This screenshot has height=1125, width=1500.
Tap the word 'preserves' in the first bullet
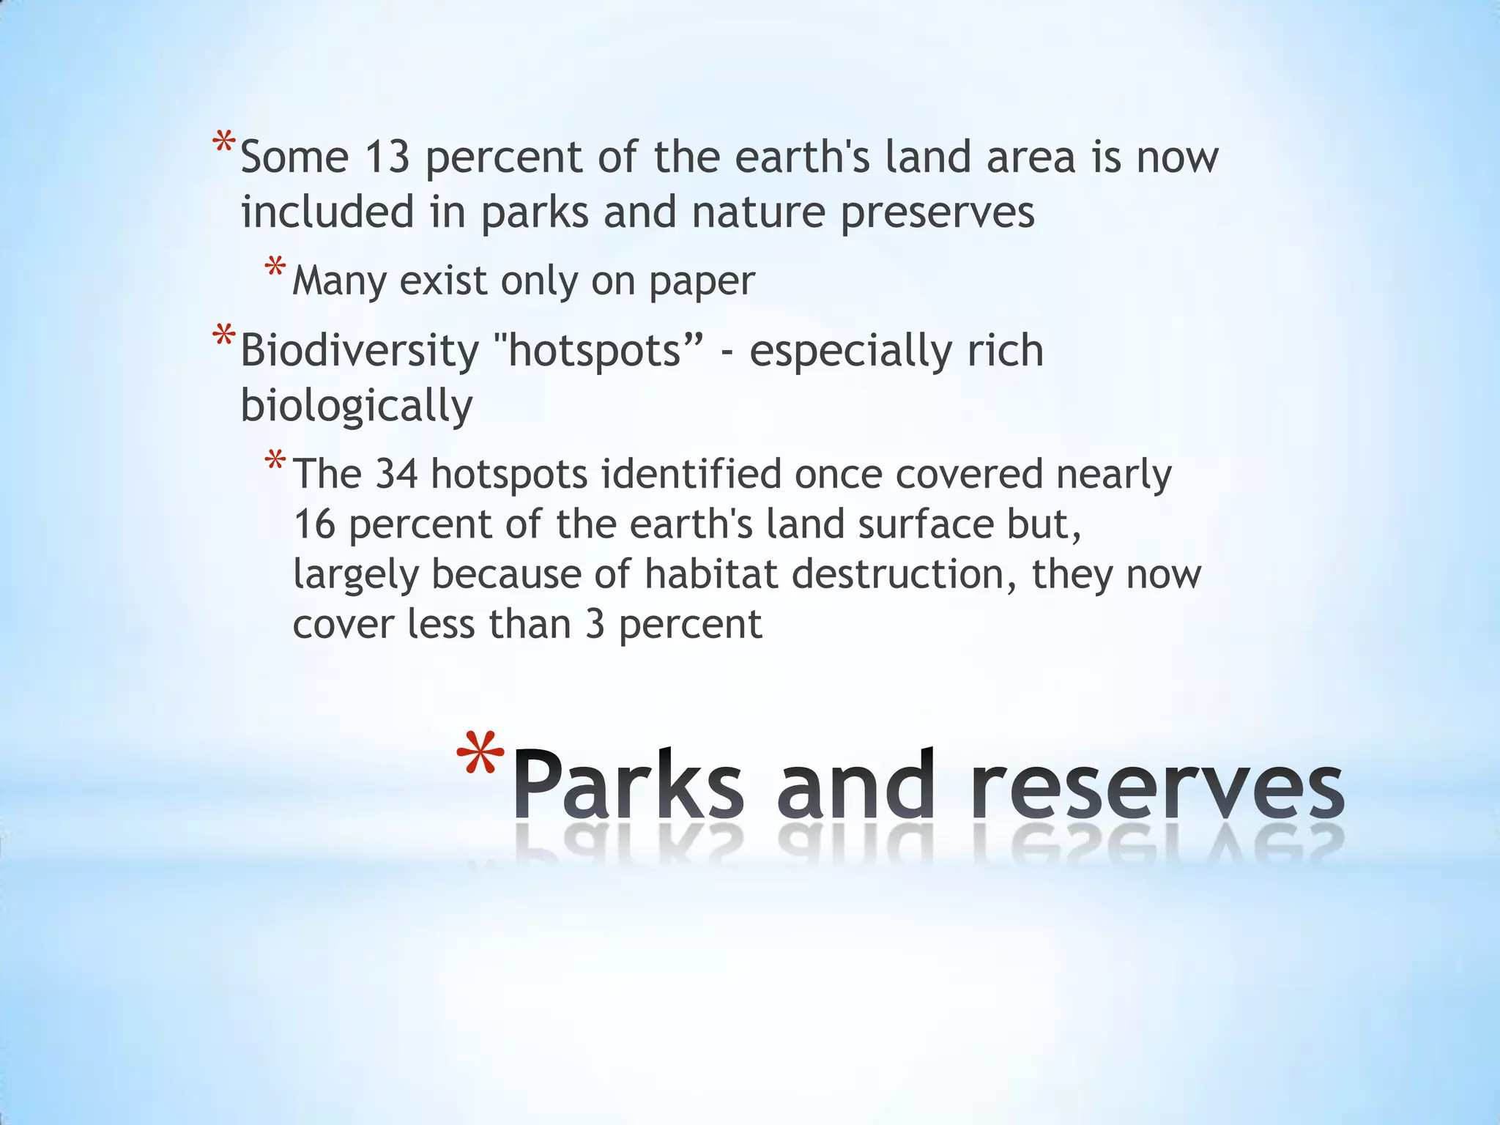pos(937,213)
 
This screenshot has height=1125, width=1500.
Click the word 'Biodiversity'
pos(360,350)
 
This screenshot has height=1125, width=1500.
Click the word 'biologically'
pos(357,406)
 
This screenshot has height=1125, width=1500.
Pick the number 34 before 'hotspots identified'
pos(396,474)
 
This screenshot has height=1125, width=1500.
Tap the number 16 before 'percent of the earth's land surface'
pos(314,524)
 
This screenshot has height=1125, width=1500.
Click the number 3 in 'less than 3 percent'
pos(595,625)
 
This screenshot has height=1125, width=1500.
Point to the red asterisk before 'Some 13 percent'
pos(223,144)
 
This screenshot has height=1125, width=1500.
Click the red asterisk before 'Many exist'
pos(275,267)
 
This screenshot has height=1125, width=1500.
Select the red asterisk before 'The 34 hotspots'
pos(275,462)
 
